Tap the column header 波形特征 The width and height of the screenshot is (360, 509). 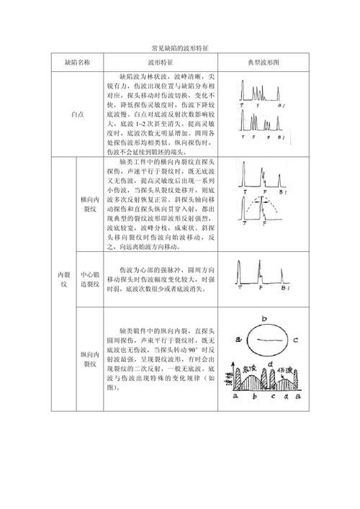pyautogui.click(x=162, y=63)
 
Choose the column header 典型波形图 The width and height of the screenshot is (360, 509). pyautogui.click(x=263, y=63)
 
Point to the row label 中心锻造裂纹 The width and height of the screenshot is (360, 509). pyautogui.click(x=89, y=279)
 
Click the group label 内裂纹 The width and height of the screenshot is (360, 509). pyautogui.click(x=63, y=276)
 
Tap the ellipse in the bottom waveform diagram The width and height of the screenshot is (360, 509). pyautogui.click(x=266, y=343)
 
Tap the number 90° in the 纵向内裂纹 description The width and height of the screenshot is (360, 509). pyautogui.click(x=188, y=348)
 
